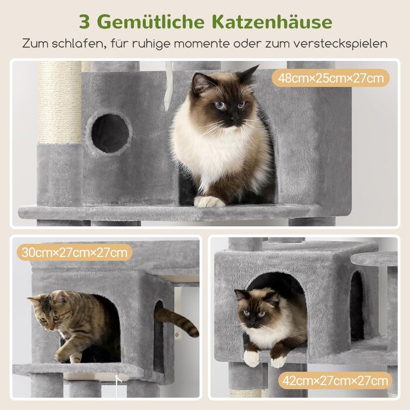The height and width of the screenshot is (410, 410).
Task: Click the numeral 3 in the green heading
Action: [x=85, y=22]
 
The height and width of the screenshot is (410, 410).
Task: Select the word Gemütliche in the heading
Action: [x=152, y=22]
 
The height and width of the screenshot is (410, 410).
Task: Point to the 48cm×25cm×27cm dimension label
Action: [x=330, y=78]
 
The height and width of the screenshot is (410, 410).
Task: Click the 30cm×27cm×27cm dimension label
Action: [x=74, y=252]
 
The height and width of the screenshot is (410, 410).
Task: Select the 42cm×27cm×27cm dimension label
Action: [x=335, y=381]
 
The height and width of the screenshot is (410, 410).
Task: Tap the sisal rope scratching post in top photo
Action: [x=59, y=102]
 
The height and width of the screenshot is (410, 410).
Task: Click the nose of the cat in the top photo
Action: [x=234, y=119]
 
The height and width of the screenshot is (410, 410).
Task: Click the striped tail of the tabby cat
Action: [x=178, y=320]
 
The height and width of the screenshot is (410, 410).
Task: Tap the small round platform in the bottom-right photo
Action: [x=374, y=259]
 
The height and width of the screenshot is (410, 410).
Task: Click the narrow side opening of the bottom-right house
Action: [x=357, y=305]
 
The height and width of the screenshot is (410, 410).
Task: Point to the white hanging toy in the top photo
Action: [x=168, y=86]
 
